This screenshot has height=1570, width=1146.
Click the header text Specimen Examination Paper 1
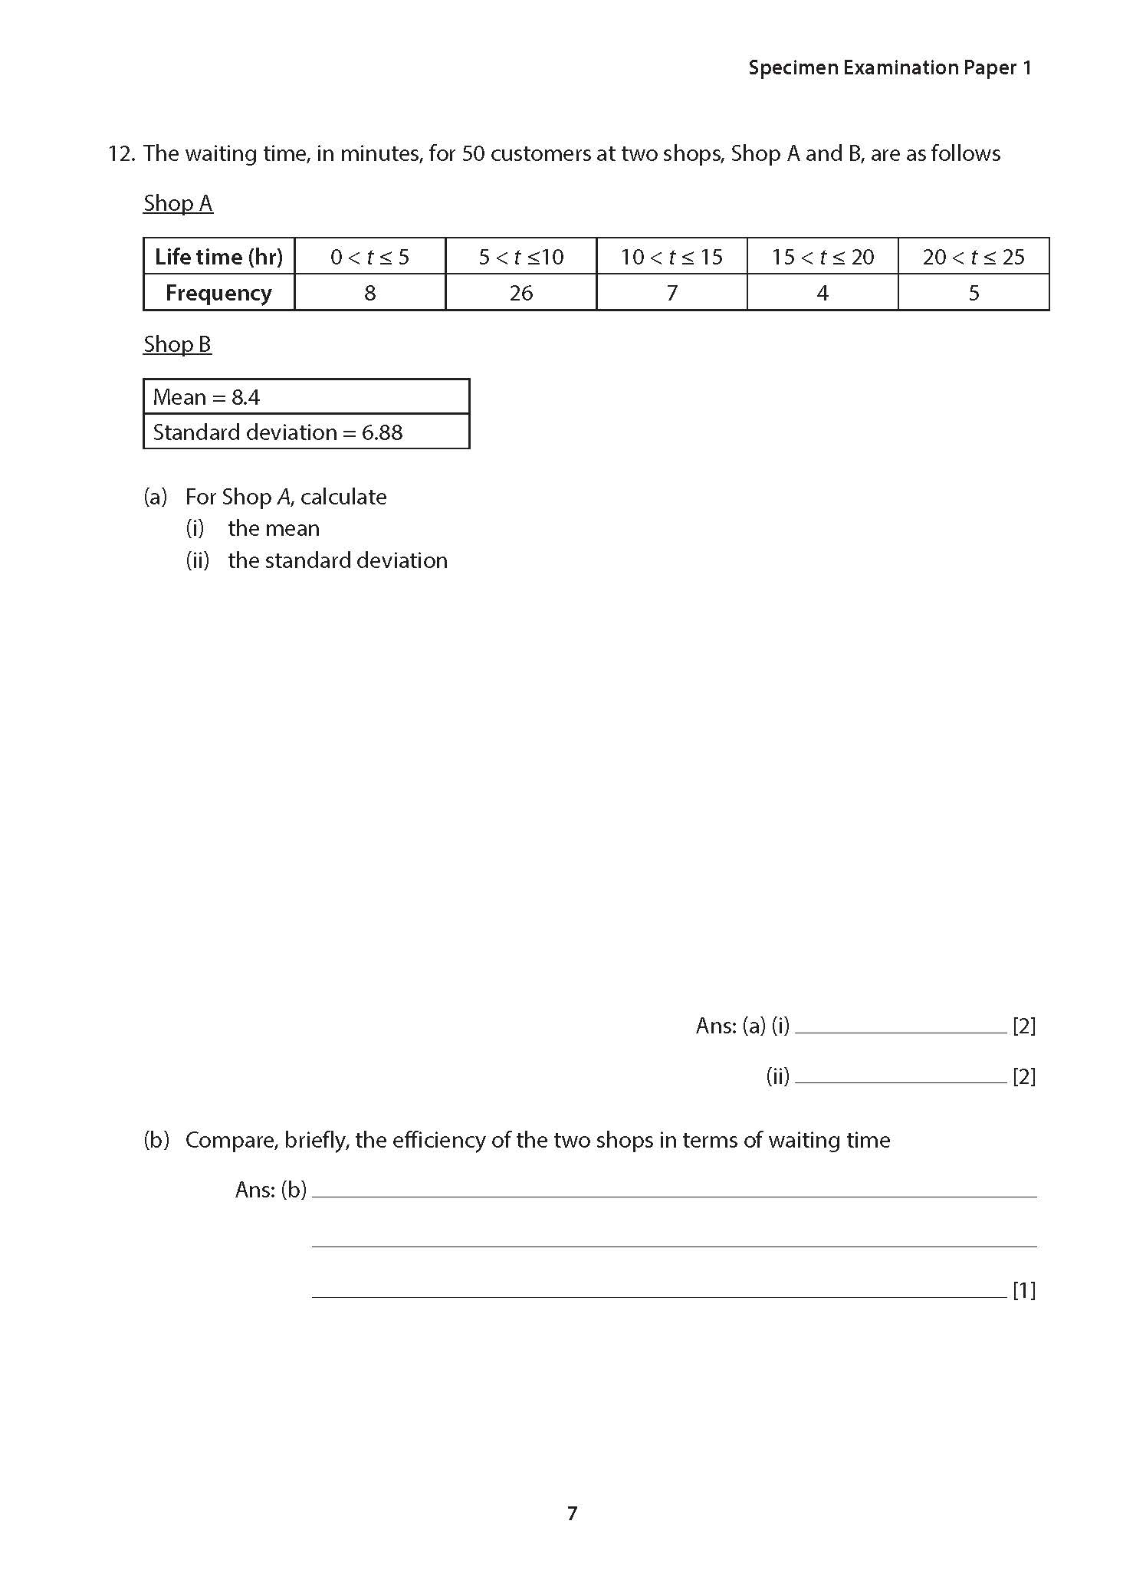click(890, 68)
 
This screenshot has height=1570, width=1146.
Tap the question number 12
click(121, 154)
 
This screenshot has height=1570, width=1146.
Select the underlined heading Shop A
click(178, 204)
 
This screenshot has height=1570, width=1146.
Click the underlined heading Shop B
click(177, 345)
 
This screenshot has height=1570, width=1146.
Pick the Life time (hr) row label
click(218, 257)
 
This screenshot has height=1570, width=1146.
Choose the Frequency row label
click(218, 293)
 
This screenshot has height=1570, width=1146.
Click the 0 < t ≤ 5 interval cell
click(369, 257)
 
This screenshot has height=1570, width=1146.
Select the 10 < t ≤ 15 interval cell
click(672, 257)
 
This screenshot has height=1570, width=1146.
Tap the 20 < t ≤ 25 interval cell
click(974, 257)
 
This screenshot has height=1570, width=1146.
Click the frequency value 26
click(521, 293)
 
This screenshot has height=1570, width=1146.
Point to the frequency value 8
click(369, 293)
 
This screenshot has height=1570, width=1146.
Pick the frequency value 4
click(823, 293)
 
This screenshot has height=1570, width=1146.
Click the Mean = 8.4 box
click(306, 397)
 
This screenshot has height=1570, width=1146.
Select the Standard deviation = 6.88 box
click(306, 432)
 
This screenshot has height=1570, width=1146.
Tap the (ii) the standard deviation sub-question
click(317, 560)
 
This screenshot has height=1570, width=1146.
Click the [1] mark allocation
click(1024, 1291)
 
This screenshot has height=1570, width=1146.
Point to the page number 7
click(572, 1513)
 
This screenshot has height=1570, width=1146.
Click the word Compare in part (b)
click(231, 1141)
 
